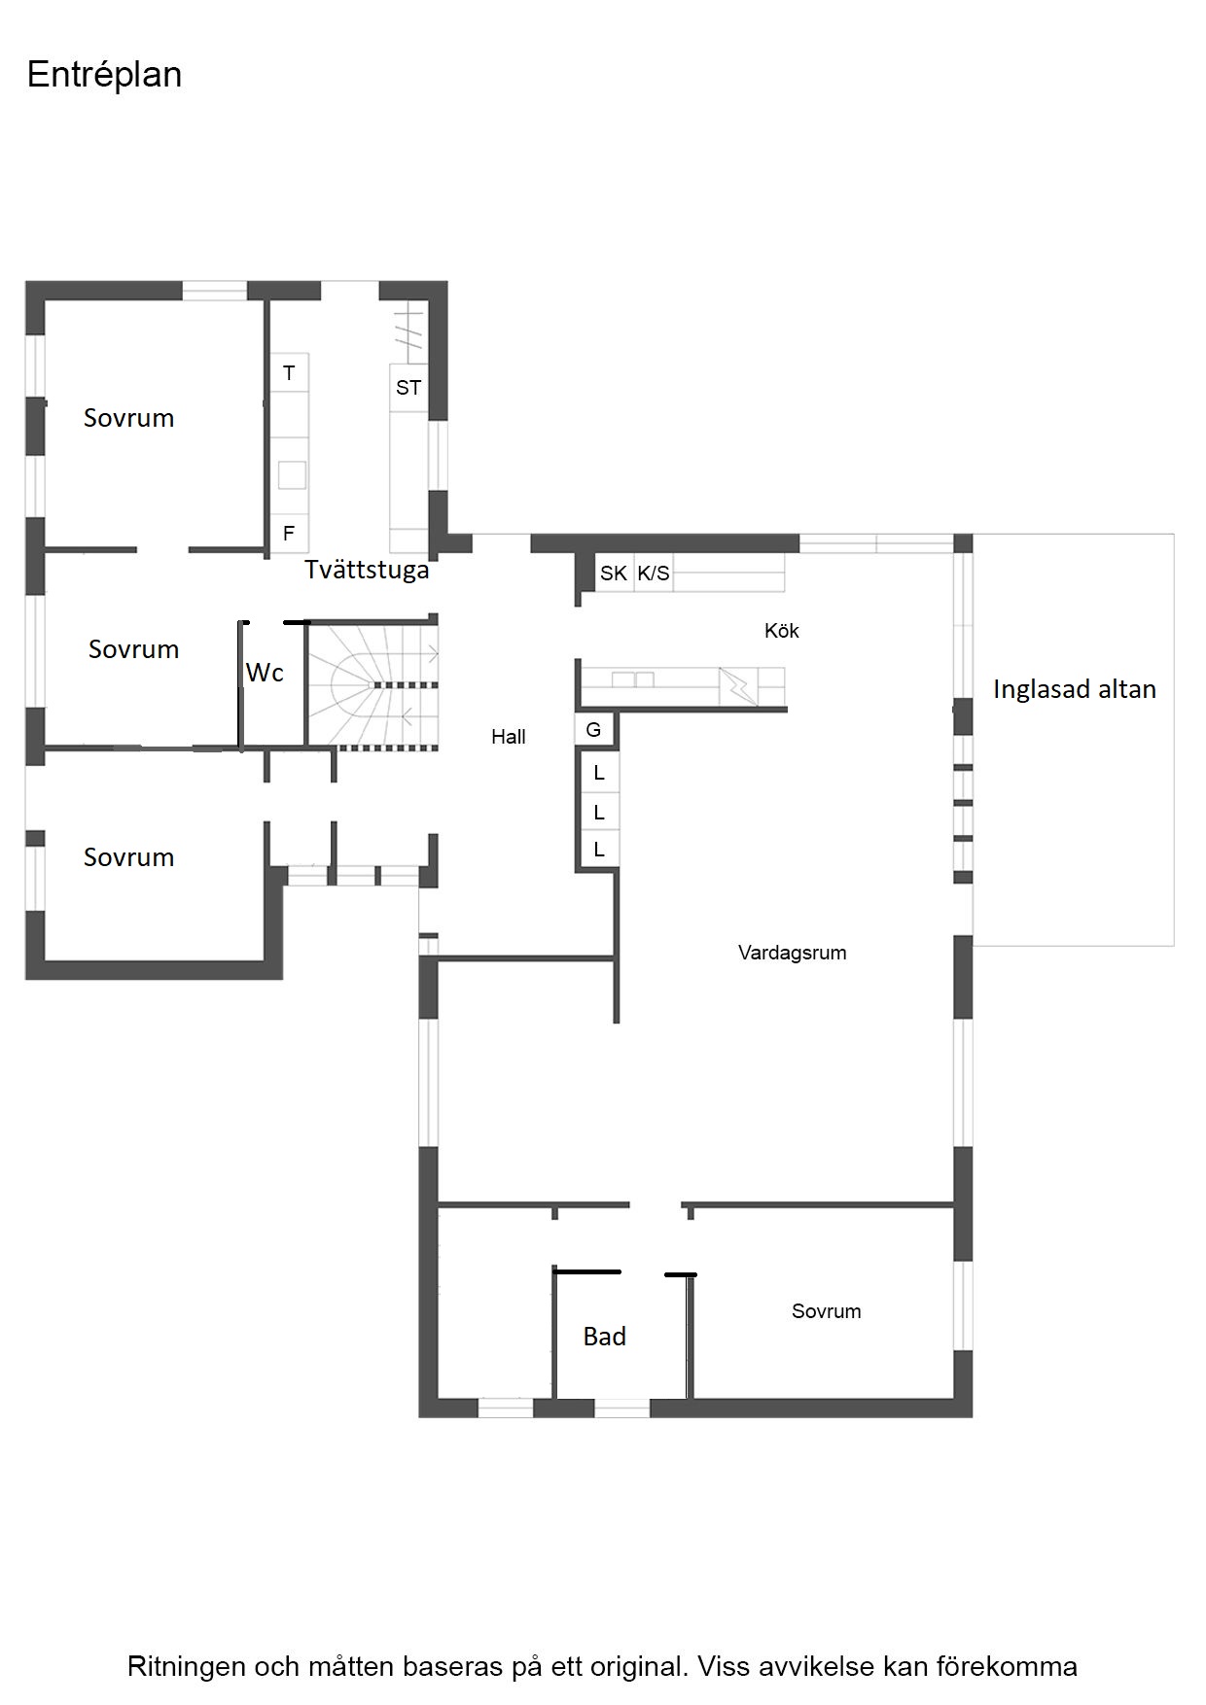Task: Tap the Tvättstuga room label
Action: [367, 570]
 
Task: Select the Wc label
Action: [265, 673]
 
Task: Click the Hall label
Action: [508, 737]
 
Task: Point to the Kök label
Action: [782, 631]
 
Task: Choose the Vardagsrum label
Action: [792, 953]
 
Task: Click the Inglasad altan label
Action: [1075, 690]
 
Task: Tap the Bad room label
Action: [604, 1337]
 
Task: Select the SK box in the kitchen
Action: [614, 574]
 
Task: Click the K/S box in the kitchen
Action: [654, 574]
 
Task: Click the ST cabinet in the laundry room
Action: [408, 388]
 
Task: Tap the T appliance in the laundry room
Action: [289, 373]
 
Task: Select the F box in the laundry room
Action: [289, 533]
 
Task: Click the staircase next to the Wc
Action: [373, 685]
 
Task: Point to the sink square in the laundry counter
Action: [292, 475]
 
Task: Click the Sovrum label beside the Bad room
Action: [827, 1311]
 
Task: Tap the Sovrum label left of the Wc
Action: [134, 649]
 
